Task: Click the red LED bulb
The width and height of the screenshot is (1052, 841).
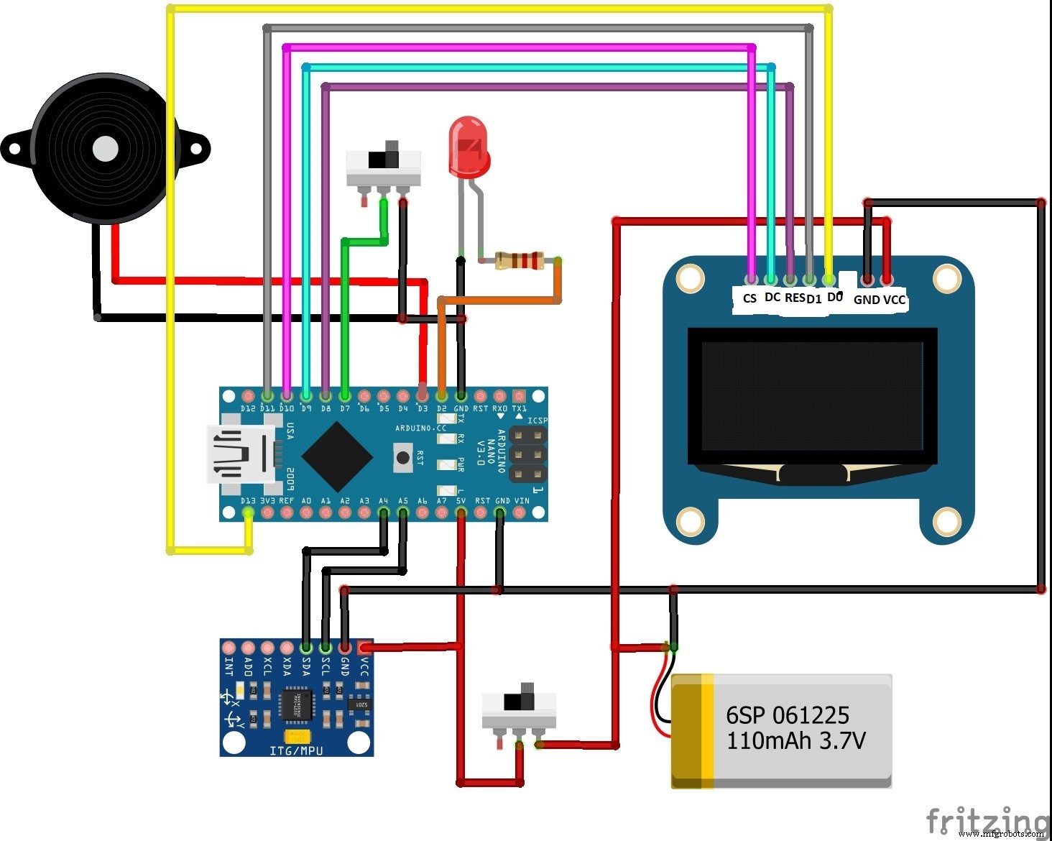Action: (468, 147)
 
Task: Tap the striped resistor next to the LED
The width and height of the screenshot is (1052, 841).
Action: (519, 260)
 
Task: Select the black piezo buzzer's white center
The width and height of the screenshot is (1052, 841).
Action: (106, 149)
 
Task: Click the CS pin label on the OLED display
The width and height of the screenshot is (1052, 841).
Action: (749, 298)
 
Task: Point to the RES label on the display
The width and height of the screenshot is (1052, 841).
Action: (794, 298)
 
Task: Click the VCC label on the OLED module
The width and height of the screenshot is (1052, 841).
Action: (895, 300)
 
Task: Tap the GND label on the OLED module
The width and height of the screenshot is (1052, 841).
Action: (866, 300)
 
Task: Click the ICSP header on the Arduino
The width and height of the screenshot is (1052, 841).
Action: (528, 454)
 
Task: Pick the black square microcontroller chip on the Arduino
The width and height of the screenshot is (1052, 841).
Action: (336, 456)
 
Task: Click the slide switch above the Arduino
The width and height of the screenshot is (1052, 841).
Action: (383, 167)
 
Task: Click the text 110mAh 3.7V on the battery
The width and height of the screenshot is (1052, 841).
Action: (795, 740)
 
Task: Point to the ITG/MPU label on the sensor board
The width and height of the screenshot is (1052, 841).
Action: (296, 750)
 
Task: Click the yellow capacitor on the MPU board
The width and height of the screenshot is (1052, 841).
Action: (297, 736)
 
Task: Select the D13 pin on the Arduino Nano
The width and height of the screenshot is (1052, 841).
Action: (248, 513)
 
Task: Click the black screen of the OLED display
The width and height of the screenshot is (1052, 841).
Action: (812, 395)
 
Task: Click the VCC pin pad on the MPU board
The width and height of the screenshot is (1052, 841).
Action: (364, 648)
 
